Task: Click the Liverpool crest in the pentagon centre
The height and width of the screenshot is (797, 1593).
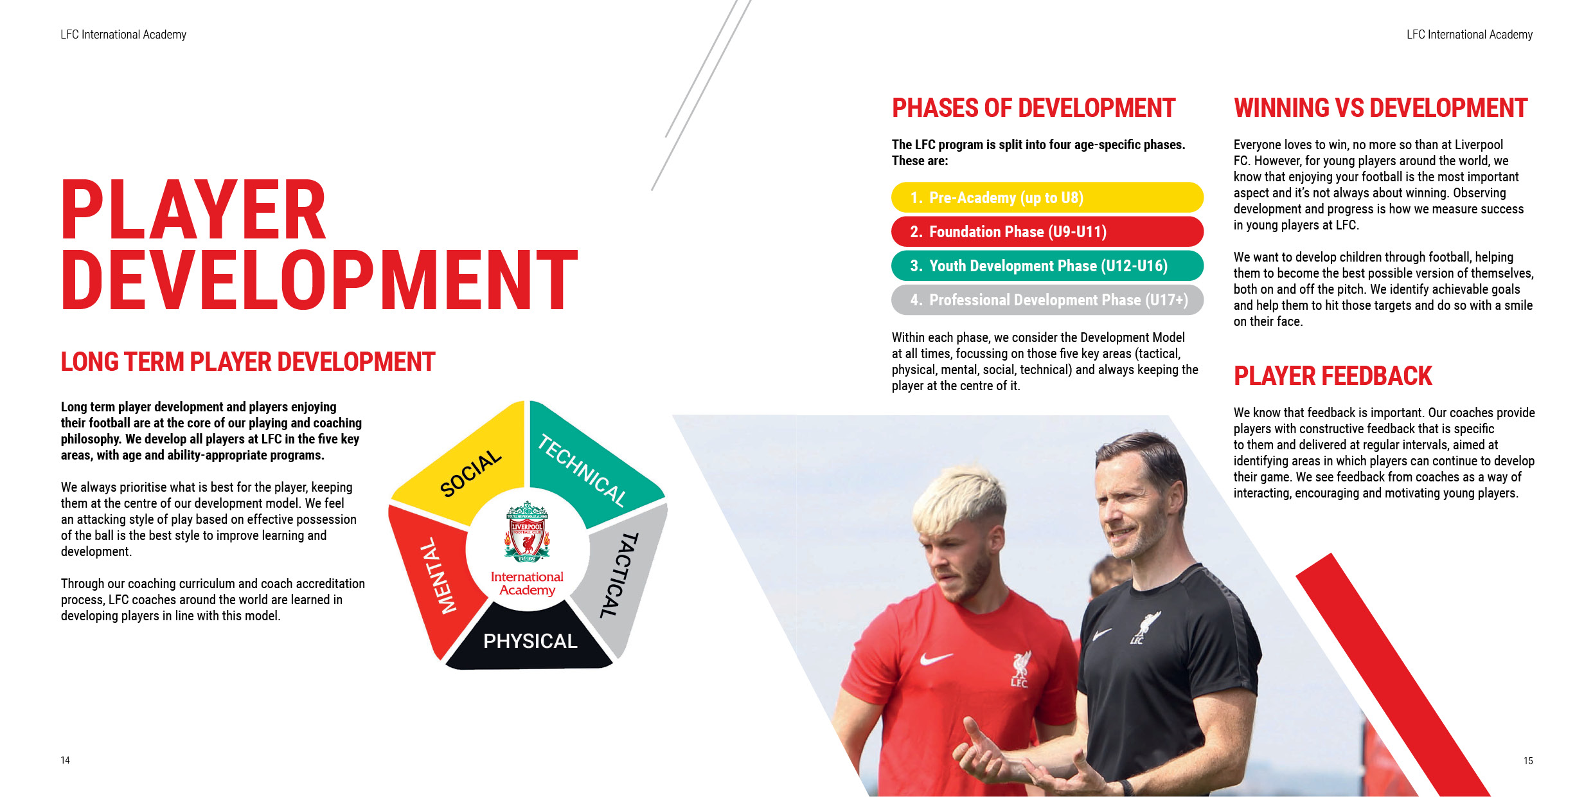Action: pyautogui.click(x=527, y=532)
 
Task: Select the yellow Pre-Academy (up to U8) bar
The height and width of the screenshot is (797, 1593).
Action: pyautogui.click(x=1047, y=197)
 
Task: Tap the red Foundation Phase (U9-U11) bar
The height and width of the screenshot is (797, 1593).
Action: pyautogui.click(x=1047, y=231)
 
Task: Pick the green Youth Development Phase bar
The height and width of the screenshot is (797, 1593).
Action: pyautogui.click(x=1047, y=265)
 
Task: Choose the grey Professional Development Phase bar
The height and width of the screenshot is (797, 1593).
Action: pyautogui.click(x=1047, y=300)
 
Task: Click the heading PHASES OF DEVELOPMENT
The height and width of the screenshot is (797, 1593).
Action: pyautogui.click(x=1033, y=108)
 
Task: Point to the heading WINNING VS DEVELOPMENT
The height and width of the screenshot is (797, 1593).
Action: pyautogui.click(x=1380, y=108)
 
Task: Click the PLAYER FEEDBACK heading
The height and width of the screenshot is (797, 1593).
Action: pyautogui.click(x=1333, y=376)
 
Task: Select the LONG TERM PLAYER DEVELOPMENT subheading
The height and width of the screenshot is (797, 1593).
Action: pyautogui.click(x=248, y=362)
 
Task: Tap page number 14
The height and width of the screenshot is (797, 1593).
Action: pyautogui.click(x=66, y=760)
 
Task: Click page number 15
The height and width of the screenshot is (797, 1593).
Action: pyautogui.click(x=1528, y=761)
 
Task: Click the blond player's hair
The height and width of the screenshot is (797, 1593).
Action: pyautogui.click(x=957, y=508)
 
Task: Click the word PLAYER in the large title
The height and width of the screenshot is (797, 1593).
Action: pyautogui.click(x=194, y=210)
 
